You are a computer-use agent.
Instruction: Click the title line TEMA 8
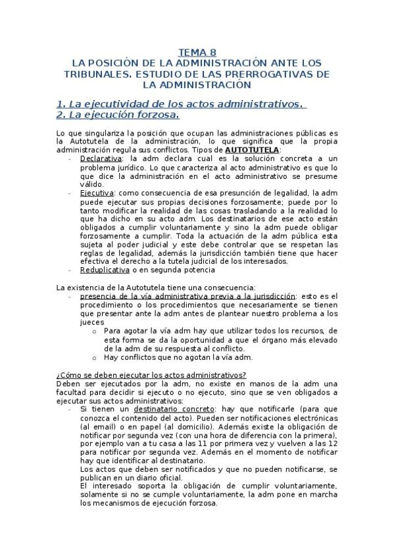point(197,52)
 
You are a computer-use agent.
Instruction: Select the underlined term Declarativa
point(101,159)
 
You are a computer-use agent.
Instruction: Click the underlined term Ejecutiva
point(97,193)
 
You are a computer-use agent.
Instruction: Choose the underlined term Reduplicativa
point(105,270)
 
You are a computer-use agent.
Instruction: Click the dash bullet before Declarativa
point(70,159)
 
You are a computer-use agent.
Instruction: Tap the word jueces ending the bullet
point(92,322)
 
